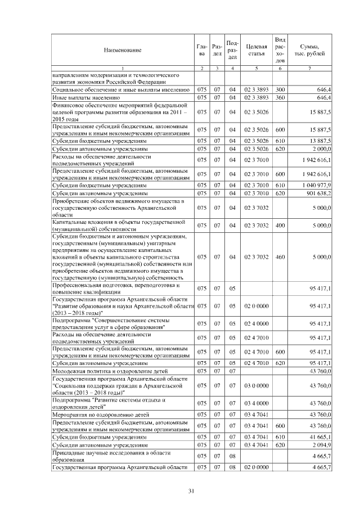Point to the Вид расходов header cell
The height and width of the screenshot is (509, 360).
pyautogui.click(x=280, y=49)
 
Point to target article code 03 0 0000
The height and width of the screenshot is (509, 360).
pyautogui.click(x=256, y=385)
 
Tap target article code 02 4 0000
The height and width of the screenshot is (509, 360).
pyautogui.click(x=256, y=325)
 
